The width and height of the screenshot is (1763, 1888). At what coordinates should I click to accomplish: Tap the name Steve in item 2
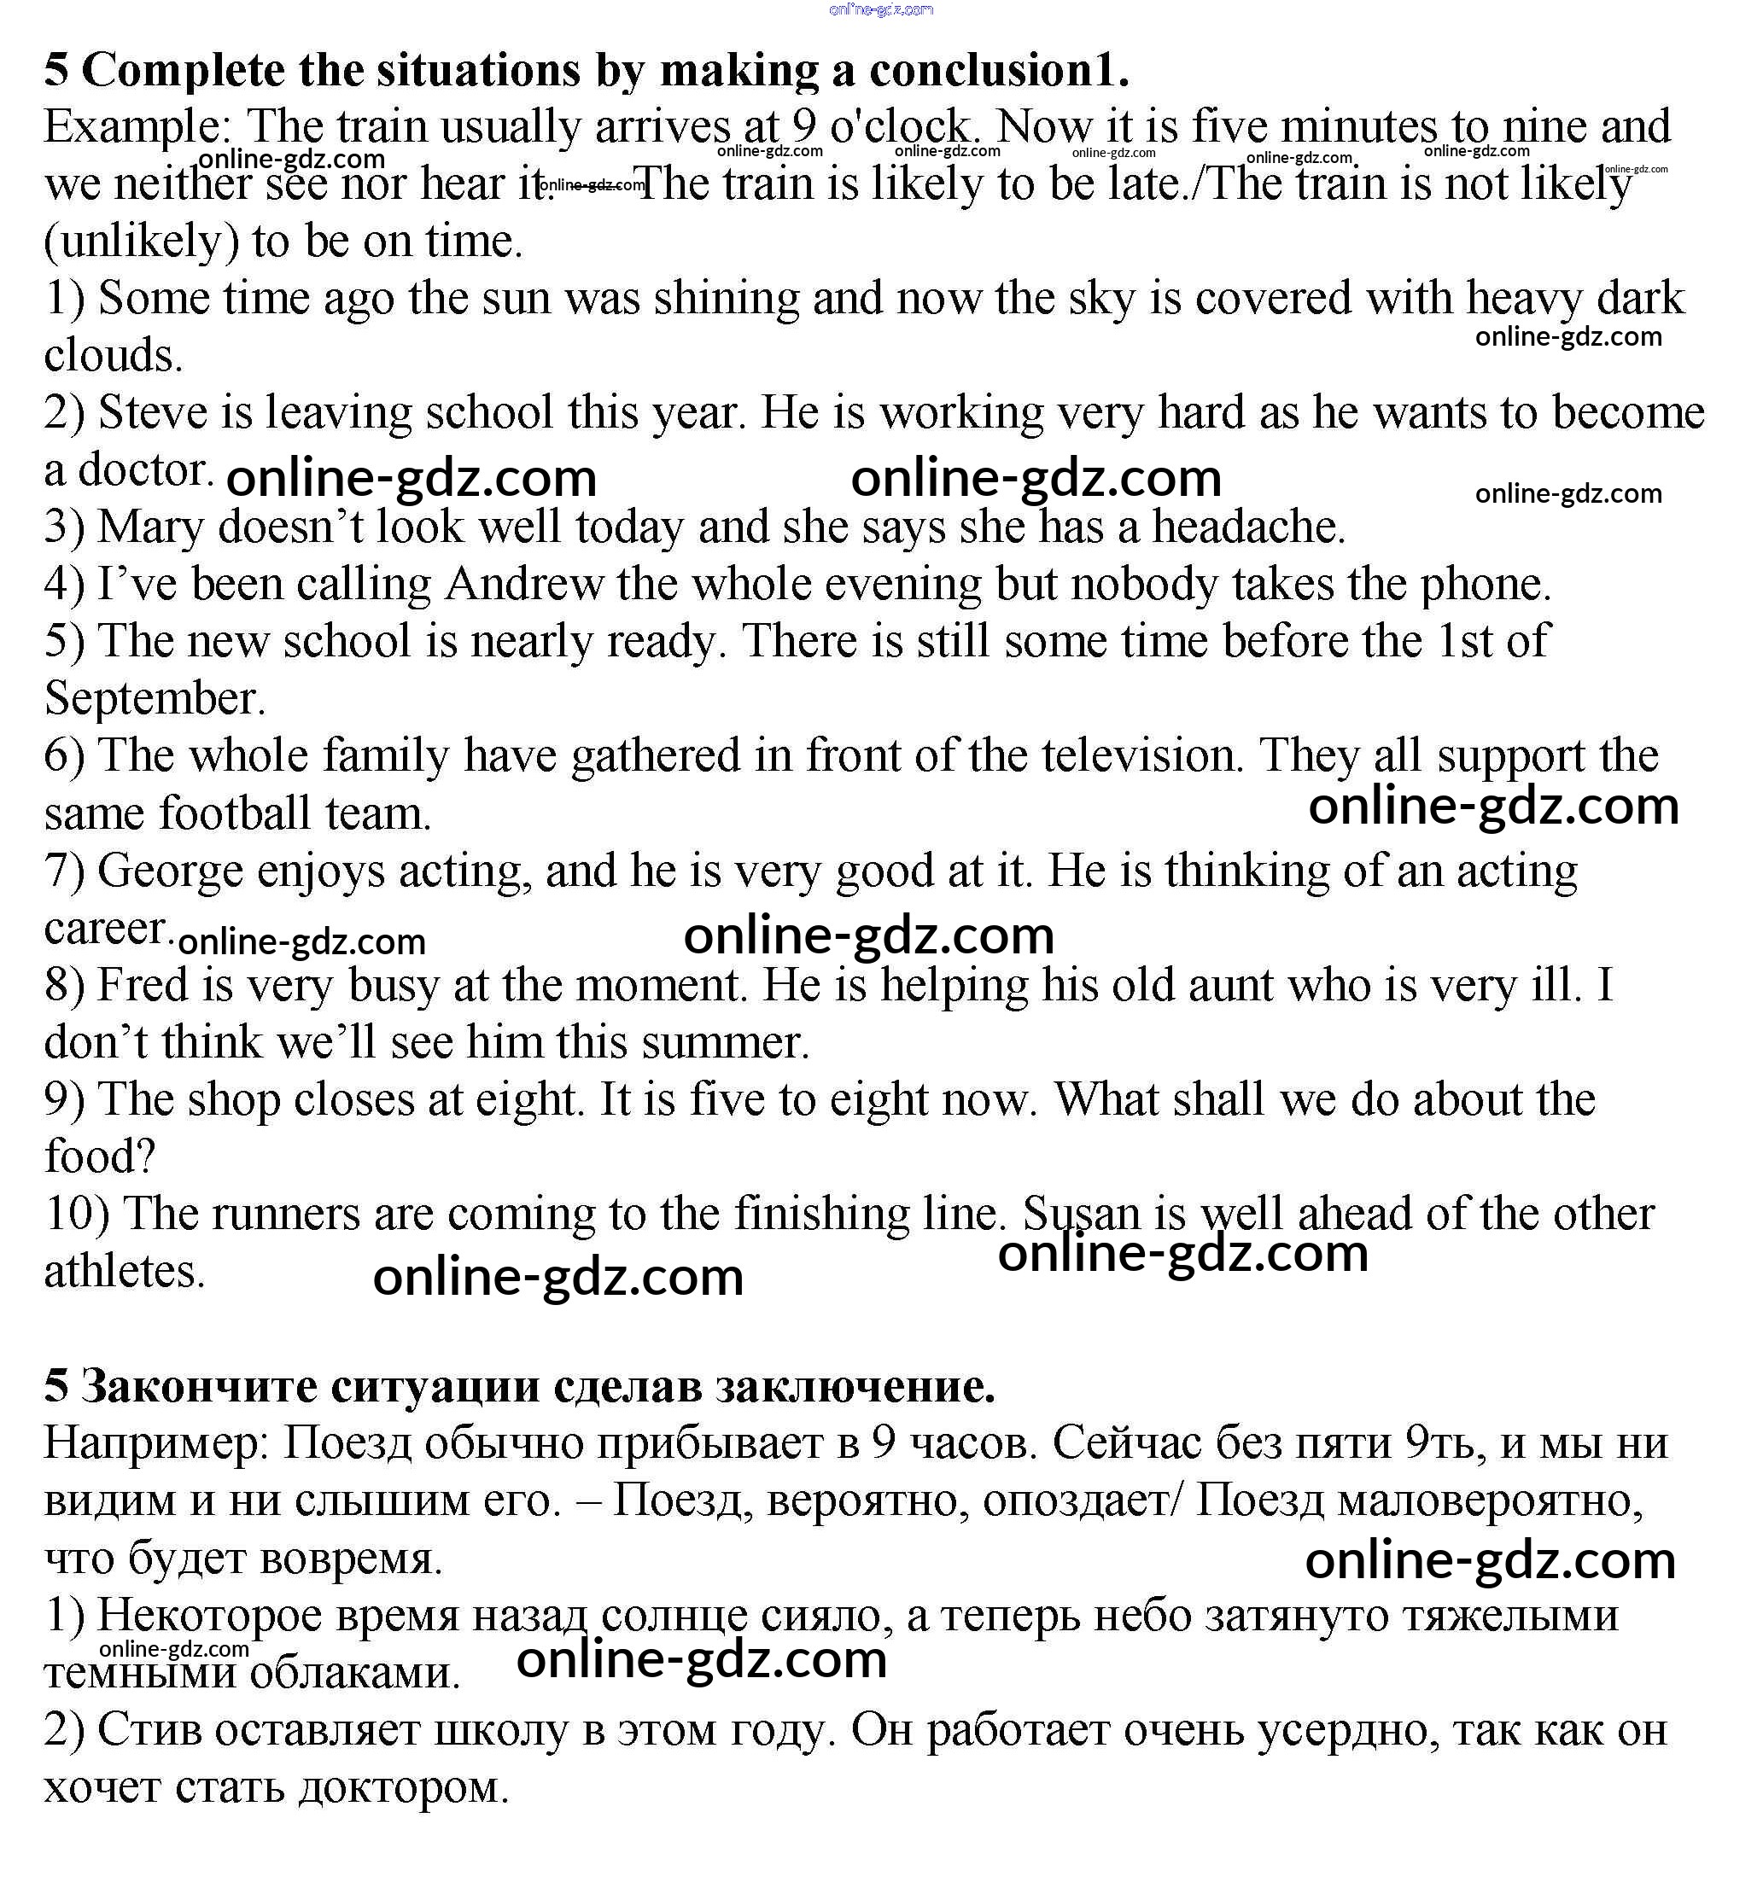click(153, 413)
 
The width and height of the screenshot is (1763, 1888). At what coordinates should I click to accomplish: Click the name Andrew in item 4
click(523, 584)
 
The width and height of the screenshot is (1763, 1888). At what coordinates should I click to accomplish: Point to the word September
click(154, 699)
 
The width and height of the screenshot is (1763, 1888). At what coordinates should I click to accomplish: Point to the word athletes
click(124, 1272)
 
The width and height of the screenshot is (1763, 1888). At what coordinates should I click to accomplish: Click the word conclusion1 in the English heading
click(998, 70)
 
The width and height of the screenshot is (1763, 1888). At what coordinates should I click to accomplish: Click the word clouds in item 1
click(113, 356)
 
